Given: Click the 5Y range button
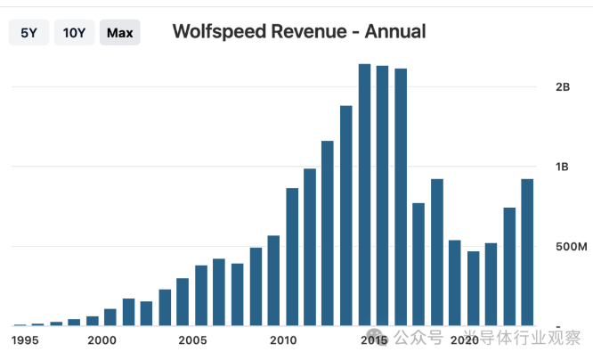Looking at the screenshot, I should [x=28, y=33].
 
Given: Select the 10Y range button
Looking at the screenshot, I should [x=74, y=33].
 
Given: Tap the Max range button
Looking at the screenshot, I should [x=119, y=33].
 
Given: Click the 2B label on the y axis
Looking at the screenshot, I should [x=562, y=87].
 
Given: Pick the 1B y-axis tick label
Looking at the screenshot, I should [x=562, y=167].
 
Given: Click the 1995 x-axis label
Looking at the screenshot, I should [x=25, y=340].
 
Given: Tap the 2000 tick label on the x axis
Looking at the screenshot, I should [x=102, y=340].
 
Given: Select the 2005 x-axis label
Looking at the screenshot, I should [x=192, y=340].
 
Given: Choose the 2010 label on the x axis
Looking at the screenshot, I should [x=283, y=340].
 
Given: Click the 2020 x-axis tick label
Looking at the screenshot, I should [x=464, y=340].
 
